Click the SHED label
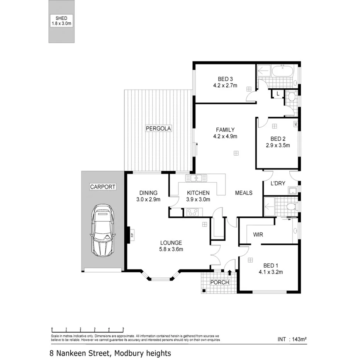coord(62,18)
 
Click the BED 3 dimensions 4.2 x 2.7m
coord(225,85)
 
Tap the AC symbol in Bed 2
coord(295,124)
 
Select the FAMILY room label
coord(225,130)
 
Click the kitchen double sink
coord(196,178)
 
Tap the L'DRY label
coord(277,183)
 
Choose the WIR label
coord(258,234)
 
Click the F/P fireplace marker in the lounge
coord(132,234)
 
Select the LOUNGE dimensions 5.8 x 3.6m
coord(171,249)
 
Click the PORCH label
coord(219,282)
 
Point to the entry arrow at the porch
coord(230,273)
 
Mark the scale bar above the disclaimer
coord(87,329)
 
